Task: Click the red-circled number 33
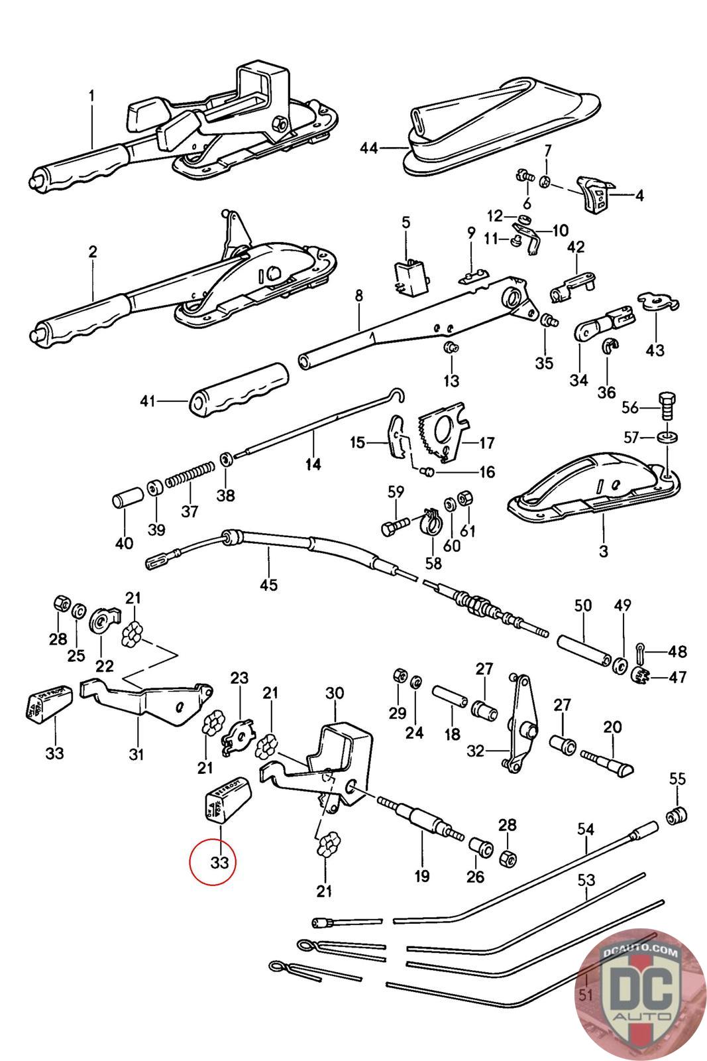coord(219,863)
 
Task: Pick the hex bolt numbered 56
coord(667,405)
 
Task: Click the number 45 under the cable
coord(268,584)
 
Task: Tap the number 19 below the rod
coord(421,876)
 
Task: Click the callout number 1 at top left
coord(91,96)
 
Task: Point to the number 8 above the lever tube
coord(358,295)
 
